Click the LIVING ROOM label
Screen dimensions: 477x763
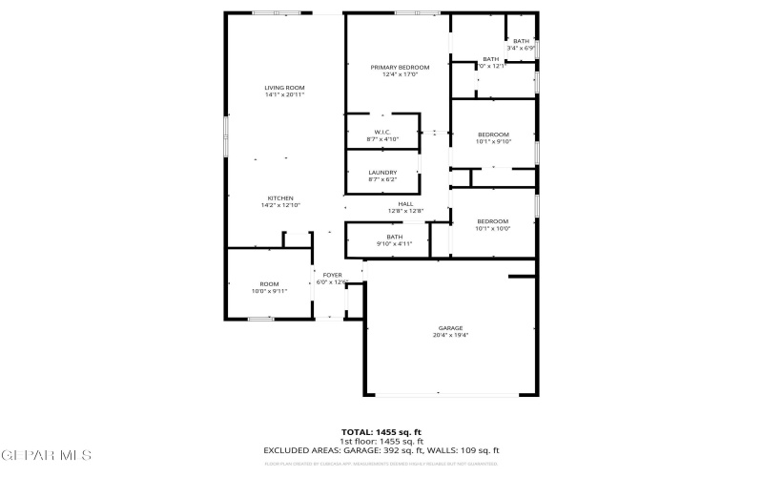click(278, 88)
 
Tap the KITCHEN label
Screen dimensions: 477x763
click(279, 197)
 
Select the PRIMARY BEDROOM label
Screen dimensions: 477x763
click(400, 67)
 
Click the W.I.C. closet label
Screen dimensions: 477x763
click(381, 132)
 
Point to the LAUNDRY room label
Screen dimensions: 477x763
click(382, 172)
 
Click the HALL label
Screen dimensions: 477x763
click(405, 203)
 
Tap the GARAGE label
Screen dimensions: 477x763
click(450, 327)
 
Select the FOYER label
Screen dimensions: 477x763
click(332, 275)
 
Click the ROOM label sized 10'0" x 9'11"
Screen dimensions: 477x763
click(269, 284)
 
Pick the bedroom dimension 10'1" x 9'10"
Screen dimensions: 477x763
click(494, 141)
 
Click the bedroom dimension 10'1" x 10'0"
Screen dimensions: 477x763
click(494, 228)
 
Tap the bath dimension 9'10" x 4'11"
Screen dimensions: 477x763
click(395, 243)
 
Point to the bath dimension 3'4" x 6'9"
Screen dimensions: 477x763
click(521, 48)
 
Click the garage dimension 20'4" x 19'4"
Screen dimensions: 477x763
click(450, 335)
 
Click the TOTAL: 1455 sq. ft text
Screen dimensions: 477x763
click(381, 432)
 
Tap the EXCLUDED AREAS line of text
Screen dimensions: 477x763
click(381, 450)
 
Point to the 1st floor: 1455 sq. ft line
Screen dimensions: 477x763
click(381, 442)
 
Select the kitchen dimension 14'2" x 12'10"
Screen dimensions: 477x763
click(279, 205)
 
